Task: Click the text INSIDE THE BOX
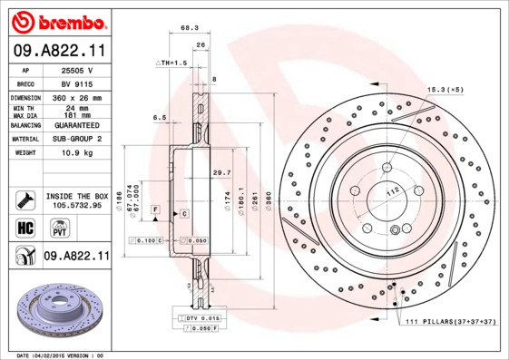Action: (x=76, y=196)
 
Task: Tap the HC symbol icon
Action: (x=24, y=225)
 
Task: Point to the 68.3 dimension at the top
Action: (x=190, y=28)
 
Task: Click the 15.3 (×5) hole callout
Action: (x=445, y=90)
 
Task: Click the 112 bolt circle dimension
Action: (x=392, y=192)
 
